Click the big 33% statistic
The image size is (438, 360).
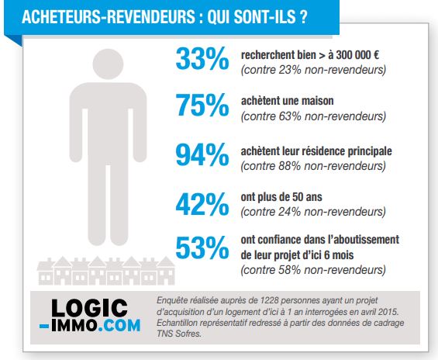coord(202,58)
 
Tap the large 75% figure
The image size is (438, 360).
coord(202,105)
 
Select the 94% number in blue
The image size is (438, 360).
coord(202,154)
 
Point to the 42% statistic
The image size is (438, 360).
coord(202,204)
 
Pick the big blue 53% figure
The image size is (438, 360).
coord(202,247)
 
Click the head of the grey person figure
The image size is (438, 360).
coord(108,64)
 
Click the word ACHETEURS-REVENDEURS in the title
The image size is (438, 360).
coord(109,17)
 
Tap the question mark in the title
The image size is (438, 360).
coord(303,17)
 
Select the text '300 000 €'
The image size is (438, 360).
coord(357,55)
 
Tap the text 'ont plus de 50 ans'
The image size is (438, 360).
coord(281,197)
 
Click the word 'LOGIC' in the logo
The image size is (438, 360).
coord(89,308)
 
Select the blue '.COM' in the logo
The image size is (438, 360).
coord(119,326)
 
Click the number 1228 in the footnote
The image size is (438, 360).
coord(269,300)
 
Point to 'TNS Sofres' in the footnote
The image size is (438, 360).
coord(179,334)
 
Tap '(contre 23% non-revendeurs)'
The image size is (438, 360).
coord(313,70)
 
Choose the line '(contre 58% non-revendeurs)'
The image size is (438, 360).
coord(313,270)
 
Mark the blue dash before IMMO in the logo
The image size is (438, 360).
coord(45,326)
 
